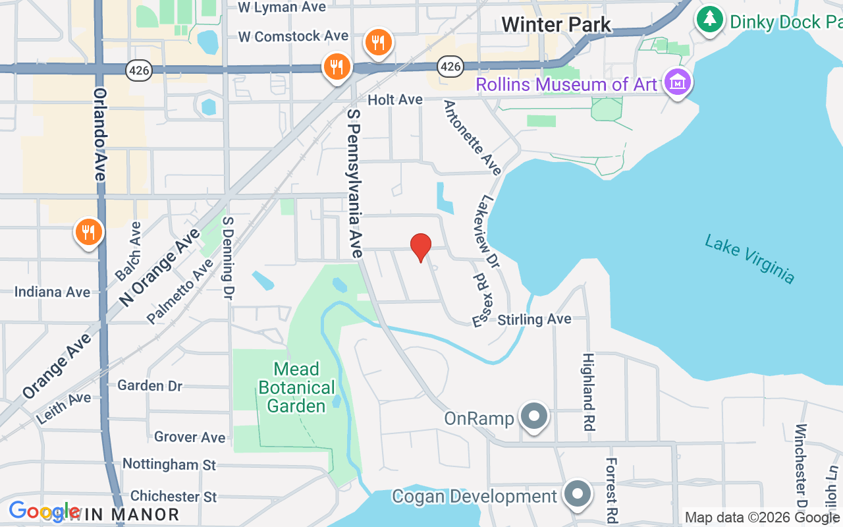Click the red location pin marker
click(x=420, y=247)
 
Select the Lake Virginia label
click(x=749, y=259)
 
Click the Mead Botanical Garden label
click(x=296, y=387)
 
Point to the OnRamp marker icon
click(x=534, y=417)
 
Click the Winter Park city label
click(x=556, y=25)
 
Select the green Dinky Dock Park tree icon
click(x=709, y=19)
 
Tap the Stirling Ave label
click(x=534, y=319)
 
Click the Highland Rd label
click(x=589, y=391)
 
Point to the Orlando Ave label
click(x=100, y=134)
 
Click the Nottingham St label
click(x=169, y=464)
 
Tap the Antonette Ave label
click(x=473, y=138)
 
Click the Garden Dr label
click(x=150, y=385)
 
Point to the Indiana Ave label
click(x=52, y=292)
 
